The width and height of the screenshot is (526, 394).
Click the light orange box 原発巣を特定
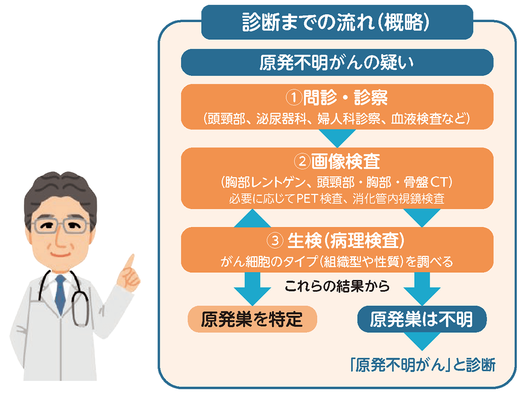coord(252,320)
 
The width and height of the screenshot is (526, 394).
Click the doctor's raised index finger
coord(129,264)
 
